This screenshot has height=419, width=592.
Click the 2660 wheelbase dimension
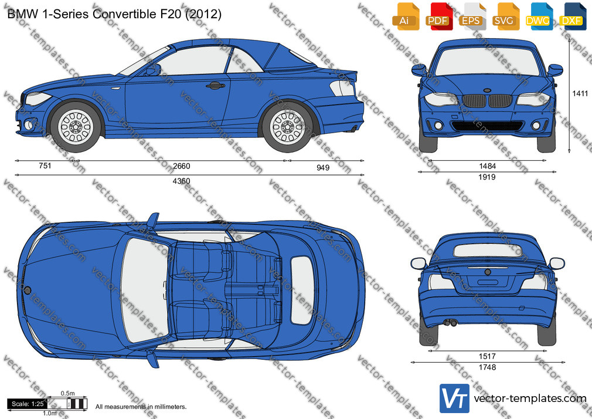point(181,166)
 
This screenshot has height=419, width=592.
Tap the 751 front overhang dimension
point(45,165)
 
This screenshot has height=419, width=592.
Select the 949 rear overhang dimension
point(323,167)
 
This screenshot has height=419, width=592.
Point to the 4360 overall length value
point(181,181)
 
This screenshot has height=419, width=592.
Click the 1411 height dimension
point(580,93)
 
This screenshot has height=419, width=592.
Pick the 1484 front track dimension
point(487,166)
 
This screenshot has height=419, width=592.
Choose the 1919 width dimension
point(487,177)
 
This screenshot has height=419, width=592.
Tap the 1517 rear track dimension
point(487,356)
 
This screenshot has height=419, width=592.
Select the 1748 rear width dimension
point(487,367)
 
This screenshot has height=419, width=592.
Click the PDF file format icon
point(438,16)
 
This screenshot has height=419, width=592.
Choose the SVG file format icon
point(505,16)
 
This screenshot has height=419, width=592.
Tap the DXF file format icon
point(572,16)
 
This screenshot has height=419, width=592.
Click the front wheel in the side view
point(76,127)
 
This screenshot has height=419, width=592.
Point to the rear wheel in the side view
point(287,127)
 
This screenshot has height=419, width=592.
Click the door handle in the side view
point(215,86)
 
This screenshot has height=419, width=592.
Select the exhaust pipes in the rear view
point(450,323)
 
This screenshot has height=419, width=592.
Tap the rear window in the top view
point(302,290)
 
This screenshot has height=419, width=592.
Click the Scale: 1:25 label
point(28,404)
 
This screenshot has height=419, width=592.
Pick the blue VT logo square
point(454,398)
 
